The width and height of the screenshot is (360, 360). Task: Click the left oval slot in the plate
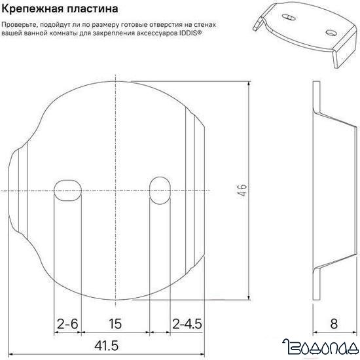click(x=67, y=190)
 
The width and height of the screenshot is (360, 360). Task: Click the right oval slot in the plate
click(x=159, y=190)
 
